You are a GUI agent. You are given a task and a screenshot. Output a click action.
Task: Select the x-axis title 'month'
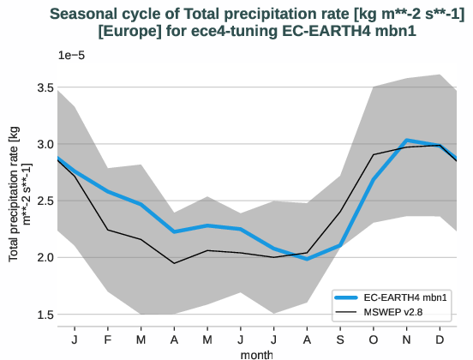[257, 352]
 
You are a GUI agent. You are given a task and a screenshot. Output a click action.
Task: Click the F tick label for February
[108, 339]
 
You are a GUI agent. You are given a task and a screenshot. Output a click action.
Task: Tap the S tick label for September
[340, 339]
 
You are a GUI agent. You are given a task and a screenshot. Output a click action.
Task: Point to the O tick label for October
[374, 339]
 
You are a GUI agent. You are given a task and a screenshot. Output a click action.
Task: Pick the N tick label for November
[407, 339]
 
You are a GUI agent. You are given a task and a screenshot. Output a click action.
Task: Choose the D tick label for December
[440, 339]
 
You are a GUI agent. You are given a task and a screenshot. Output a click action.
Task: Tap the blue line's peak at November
[407, 140]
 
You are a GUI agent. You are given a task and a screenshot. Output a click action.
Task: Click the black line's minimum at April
[175, 263]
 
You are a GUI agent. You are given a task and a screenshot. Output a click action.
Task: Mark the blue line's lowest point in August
[308, 259]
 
